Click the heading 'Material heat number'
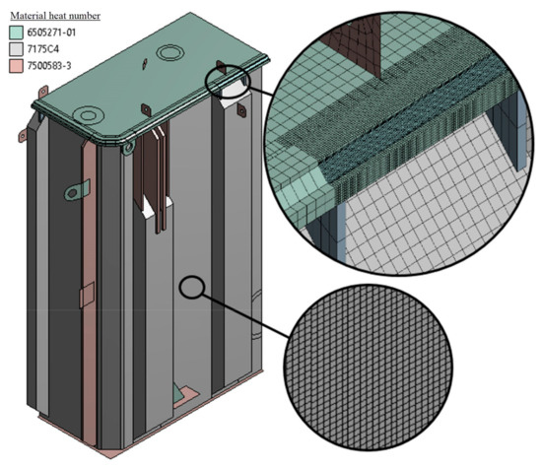(55, 16)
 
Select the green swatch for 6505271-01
(16, 33)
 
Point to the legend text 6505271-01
(51, 33)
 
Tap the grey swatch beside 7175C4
(16, 49)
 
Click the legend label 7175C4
(43, 49)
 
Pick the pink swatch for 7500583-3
(16, 66)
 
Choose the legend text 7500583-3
(49, 66)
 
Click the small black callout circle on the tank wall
(192, 287)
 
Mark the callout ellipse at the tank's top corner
(227, 82)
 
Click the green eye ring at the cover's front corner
(128, 148)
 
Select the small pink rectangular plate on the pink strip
(87, 295)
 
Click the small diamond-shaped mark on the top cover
(145, 63)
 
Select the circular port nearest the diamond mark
(169, 53)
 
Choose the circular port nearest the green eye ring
(88, 115)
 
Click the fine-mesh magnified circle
(369, 368)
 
